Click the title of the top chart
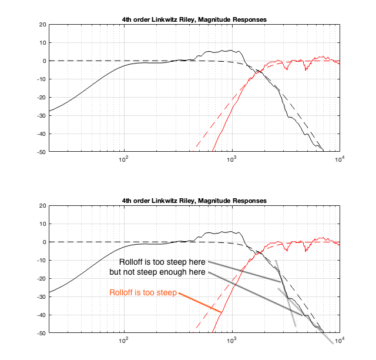point(194,19)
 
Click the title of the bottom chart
point(194,201)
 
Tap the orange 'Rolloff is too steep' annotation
point(143,292)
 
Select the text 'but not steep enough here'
point(157,272)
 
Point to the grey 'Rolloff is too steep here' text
point(162,261)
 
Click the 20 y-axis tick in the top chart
point(42,25)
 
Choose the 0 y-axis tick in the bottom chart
point(43,242)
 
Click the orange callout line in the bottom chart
point(200,302)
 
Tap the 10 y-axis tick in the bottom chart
point(42,224)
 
